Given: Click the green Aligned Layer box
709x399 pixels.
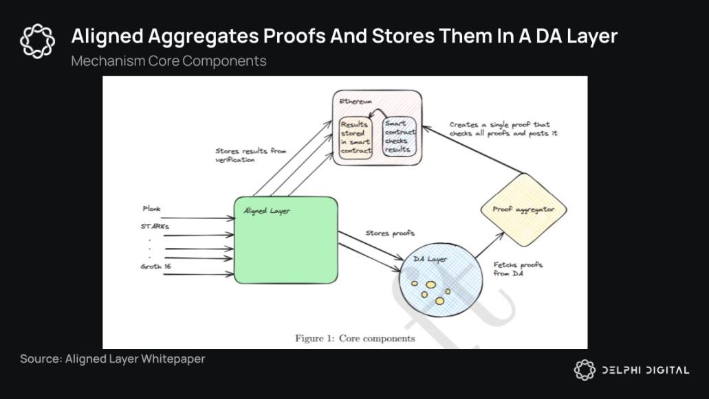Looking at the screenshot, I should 285,240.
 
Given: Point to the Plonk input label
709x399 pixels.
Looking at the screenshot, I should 151,208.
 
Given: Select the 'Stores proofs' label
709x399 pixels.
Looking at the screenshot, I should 389,233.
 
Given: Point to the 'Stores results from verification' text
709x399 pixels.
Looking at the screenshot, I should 250,155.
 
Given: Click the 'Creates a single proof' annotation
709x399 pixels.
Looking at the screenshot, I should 503,128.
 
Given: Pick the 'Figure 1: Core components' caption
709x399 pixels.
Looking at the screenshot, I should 355,339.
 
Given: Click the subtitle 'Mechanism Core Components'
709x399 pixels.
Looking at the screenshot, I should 168,60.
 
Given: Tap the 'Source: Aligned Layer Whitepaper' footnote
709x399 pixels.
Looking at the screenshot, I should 112,358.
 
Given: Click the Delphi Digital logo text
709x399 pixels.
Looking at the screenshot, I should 645,370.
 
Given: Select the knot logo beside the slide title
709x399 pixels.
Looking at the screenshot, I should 37,41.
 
